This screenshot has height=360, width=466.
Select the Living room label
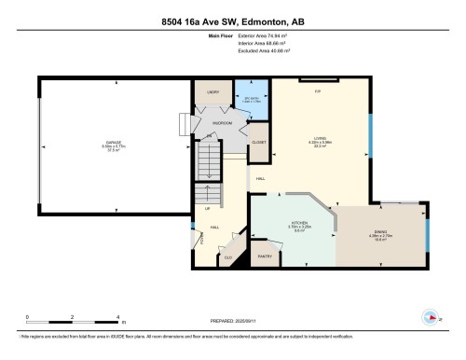tap(321, 141)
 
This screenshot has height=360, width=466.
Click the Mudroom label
tap(223, 122)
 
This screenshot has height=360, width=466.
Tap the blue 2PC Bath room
tap(251, 99)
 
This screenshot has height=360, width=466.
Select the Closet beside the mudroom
tap(258, 143)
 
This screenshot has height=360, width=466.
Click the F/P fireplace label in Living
tap(317, 92)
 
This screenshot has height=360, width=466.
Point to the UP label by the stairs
tap(207, 208)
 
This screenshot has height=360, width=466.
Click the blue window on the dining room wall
tap(428, 234)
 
